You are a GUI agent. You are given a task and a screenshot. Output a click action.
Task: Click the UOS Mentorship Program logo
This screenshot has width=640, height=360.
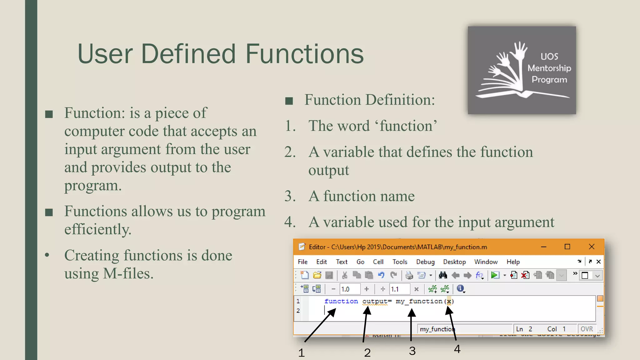pyautogui.click(x=522, y=70)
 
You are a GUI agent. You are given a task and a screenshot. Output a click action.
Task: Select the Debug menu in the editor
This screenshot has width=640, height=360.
pyautogui.click(x=425, y=262)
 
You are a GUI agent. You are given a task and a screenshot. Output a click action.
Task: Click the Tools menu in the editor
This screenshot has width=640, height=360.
pyautogui.click(x=400, y=262)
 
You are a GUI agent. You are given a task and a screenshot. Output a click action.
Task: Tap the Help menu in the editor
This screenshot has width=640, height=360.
pyautogui.click(x=513, y=262)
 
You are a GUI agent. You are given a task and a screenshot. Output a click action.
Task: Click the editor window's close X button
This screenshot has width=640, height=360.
pyautogui.click(x=592, y=247)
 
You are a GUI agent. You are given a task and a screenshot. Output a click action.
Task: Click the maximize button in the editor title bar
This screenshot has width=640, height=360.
pyautogui.click(x=567, y=247)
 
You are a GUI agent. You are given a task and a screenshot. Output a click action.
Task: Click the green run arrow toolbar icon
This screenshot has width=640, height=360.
pyautogui.click(x=495, y=275)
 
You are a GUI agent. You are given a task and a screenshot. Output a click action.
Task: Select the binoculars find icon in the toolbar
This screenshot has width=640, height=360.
pyautogui.click(x=442, y=275)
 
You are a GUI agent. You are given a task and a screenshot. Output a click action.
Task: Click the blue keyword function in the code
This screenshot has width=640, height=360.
pyautogui.click(x=341, y=301)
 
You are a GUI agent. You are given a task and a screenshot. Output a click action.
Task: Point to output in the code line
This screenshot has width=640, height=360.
pyautogui.click(x=374, y=301)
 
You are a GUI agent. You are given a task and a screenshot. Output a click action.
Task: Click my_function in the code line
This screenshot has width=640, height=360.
pyautogui.click(x=419, y=301)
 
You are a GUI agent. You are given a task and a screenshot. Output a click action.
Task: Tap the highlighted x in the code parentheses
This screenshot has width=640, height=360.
pyautogui.click(x=449, y=301)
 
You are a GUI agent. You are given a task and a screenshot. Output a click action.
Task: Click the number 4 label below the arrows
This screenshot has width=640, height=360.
pyautogui.click(x=457, y=349)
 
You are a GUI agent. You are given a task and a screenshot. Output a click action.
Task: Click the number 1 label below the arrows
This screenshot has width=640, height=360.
pyautogui.click(x=301, y=353)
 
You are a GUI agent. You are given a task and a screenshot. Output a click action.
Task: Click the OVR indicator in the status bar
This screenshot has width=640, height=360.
pyautogui.click(x=587, y=329)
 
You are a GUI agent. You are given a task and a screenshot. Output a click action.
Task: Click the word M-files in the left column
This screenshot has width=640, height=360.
pyautogui.click(x=128, y=273)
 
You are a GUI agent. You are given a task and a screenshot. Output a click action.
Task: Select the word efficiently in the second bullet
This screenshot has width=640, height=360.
pyautogui.click(x=98, y=229)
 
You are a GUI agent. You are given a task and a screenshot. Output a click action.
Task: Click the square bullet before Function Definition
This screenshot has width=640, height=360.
pyautogui.click(x=289, y=101)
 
